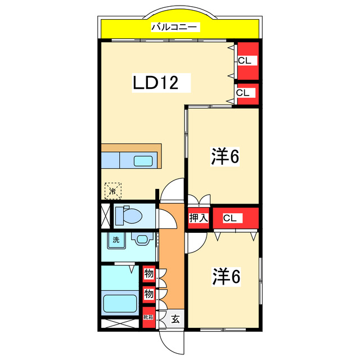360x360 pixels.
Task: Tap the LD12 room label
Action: click(x=155, y=83)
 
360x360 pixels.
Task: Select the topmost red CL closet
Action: click(x=246, y=61)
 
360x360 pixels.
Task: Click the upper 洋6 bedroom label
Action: click(x=226, y=157)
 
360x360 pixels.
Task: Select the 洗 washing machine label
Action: click(x=116, y=240)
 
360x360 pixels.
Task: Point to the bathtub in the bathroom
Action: click(x=120, y=304)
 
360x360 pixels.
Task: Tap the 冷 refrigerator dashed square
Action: click(x=112, y=191)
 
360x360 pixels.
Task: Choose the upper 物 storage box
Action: click(x=148, y=274)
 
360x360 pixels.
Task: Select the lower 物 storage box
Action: click(x=148, y=294)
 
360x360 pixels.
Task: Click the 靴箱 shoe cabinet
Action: click(x=148, y=317)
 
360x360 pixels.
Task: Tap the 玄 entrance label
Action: click(x=175, y=319)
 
